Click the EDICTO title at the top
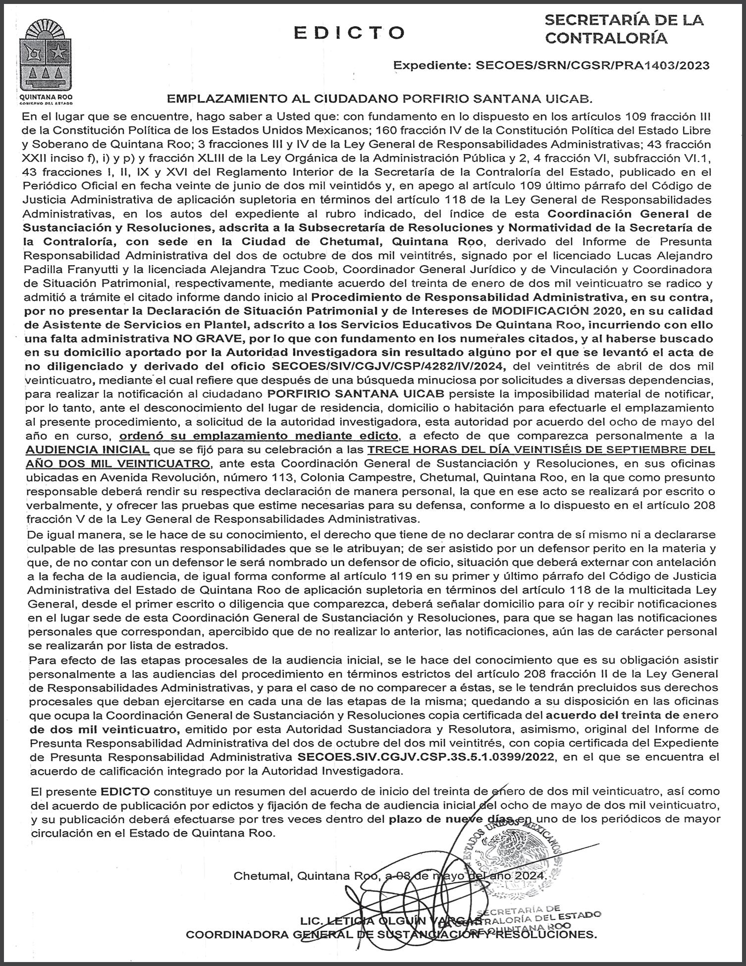[x=349, y=32]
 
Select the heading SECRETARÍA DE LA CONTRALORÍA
[x=623, y=29]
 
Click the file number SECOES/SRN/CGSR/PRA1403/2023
[x=592, y=65]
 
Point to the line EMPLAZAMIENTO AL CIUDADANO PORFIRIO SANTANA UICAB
[x=379, y=99]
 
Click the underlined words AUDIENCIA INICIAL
[x=88, y=450]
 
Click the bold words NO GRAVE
[x=195, y=339]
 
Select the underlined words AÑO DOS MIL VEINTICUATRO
[x=117, y=464]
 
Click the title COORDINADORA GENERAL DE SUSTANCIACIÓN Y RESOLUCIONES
[x=391, y=935]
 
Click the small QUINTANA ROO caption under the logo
[x=46, y=98]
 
